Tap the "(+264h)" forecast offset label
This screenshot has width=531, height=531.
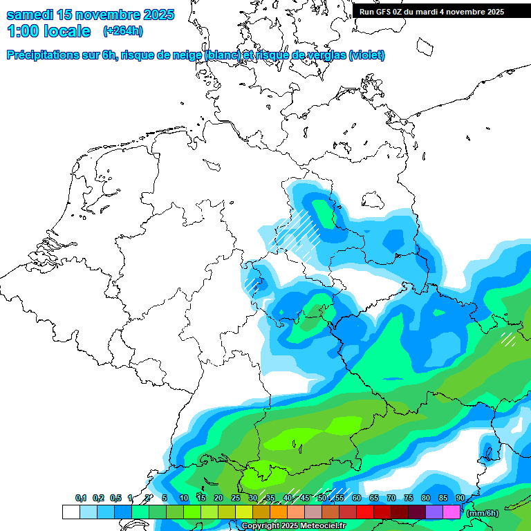[122, 31]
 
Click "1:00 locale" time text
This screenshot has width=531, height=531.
[48, 31]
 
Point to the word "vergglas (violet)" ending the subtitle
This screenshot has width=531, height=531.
[349, 55]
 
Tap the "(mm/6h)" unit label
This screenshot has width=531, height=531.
[483, 513]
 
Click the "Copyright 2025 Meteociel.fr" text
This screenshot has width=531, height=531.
[294, 526]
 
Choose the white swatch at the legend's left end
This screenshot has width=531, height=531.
[71, 512]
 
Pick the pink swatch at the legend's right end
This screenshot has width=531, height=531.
[451, 512]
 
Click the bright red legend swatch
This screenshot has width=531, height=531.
[365, 512]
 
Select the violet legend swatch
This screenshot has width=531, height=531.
[434, 512]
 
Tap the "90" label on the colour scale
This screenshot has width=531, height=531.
[460, 498]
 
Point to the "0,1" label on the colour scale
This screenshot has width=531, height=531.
[81, 498]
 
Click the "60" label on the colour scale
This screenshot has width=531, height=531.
[357, 498]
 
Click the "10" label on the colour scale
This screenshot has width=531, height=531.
[184, 498]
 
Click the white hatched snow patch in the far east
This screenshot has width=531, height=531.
[508, 339]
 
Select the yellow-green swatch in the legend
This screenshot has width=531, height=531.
[244, 512]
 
